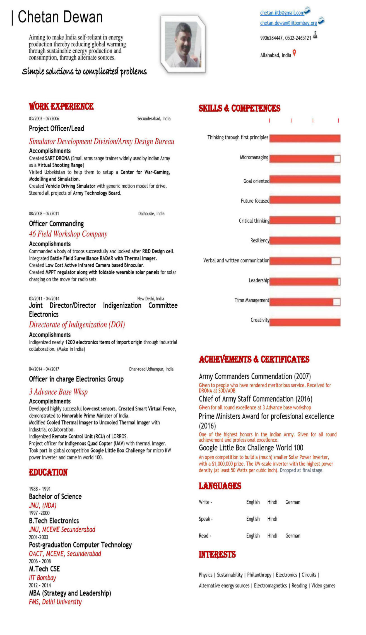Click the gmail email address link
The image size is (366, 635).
tap(282, 13)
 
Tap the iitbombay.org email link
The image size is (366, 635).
tap(288, 23)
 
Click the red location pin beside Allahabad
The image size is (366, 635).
tap(294, 53)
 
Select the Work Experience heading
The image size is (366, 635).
tap(61, 106)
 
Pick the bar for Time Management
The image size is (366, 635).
tap(301, 302)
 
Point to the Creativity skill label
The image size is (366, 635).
tap(260, 320)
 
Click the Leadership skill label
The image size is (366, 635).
tap(259, 280)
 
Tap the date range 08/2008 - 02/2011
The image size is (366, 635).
tap(44, 214)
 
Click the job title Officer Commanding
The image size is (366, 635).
tap(56, 224)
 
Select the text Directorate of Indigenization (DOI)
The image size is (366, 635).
tap(77, 324)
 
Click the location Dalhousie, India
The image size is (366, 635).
tap(151, 214)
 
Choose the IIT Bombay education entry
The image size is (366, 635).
tap(42, 578)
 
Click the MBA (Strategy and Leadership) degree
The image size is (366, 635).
tap(70, 593)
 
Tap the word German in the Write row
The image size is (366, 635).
tap(293, 502)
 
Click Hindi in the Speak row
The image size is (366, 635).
tap(272, 519)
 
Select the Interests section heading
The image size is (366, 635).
tap(217, 554)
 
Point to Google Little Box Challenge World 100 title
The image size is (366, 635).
tap(251, 448)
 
